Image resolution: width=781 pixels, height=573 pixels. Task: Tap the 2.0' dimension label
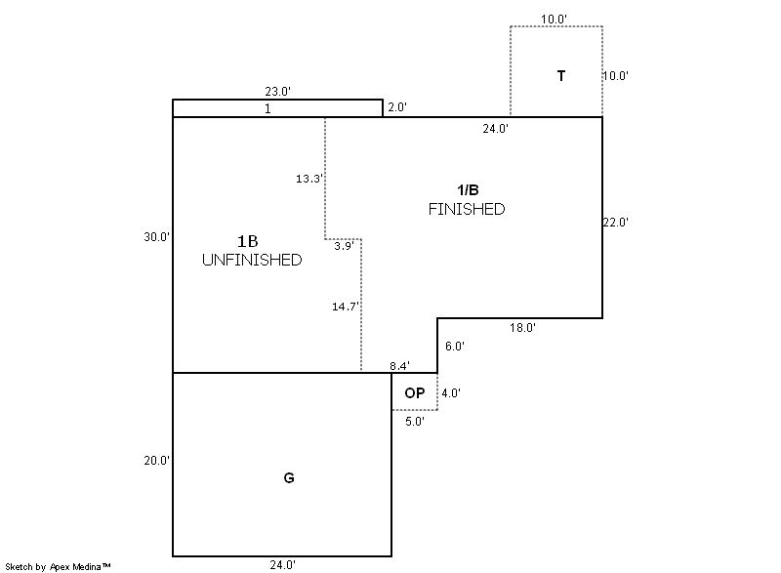397,108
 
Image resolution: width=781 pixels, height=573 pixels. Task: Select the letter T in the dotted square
561,75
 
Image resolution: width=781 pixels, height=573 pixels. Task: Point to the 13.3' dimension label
308,179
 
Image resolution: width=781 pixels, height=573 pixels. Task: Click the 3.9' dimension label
343,246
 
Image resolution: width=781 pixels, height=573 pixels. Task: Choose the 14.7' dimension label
345,306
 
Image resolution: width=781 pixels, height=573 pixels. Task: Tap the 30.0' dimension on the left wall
156,236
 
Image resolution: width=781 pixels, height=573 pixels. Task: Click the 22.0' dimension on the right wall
616,223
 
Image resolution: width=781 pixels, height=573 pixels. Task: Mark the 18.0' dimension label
522,328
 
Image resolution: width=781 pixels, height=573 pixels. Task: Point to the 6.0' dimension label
455,346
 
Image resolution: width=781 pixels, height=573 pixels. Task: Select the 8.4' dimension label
399,366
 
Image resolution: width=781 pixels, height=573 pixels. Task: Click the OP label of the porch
414,392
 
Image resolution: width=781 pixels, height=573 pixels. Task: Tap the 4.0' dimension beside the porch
451,392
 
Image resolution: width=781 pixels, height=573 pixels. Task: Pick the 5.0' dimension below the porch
415,421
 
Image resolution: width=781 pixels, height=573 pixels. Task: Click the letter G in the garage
289,477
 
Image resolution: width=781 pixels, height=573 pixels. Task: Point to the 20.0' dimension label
156,461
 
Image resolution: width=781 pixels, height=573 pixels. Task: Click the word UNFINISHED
252,261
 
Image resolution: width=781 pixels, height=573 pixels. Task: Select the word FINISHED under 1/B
467,210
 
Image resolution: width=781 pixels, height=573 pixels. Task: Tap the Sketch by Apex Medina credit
58,566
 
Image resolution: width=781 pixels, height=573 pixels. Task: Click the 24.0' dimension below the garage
283,564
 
